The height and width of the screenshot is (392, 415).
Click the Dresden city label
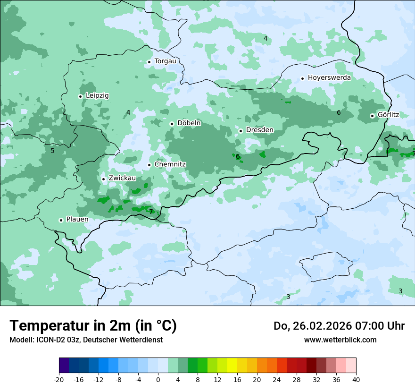point(259,130)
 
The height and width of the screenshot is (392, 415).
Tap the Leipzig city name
point(97,95)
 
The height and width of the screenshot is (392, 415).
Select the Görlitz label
point(388,115)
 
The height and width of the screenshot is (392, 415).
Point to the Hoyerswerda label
point(329,77)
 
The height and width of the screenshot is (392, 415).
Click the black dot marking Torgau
point(149,61)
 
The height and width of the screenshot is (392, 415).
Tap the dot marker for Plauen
point(61,220)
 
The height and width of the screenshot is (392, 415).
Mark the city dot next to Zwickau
point(103,179)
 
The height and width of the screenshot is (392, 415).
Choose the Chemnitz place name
point(170,164)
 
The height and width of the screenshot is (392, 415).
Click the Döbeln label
point(189,123)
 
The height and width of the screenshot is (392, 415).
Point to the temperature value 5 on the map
point(52,151)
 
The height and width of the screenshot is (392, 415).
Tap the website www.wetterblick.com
point(340,340)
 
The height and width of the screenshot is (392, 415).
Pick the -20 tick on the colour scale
point(59,379)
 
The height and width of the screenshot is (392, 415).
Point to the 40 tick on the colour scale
point(356,379)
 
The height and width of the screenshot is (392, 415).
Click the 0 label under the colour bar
point(158,379)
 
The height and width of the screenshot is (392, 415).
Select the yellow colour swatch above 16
point(232,366)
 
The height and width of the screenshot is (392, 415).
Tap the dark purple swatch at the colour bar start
point(64,366)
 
